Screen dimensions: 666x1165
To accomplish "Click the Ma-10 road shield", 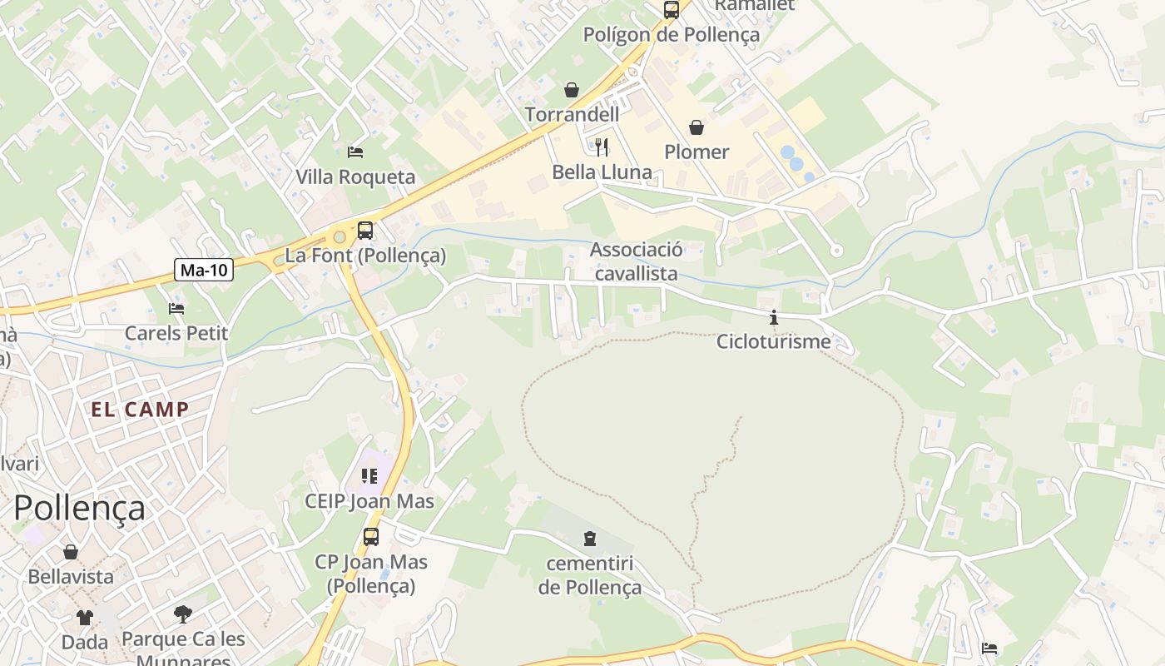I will (x=204, y=270).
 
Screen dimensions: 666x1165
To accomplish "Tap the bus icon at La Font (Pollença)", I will (x=365, y=231).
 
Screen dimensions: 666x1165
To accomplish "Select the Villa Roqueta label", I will (x=355, y=177).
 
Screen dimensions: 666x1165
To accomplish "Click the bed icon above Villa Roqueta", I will (x=355, y=152).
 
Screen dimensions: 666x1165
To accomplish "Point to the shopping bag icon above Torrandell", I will (x=572, y=90).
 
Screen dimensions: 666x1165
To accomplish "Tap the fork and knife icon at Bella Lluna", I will (x=602, y=147).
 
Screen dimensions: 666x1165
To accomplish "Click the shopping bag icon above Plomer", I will (x=697, y=127).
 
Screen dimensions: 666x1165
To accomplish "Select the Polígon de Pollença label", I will (x=671, y=35).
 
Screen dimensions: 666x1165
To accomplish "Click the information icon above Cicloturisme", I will (x=774, y=317).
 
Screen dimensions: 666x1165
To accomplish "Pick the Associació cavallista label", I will (x=637, y=261).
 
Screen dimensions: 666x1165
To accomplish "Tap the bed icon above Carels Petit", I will (x=176, y=309).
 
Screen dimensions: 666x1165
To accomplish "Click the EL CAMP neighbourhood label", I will (x=140, y=410).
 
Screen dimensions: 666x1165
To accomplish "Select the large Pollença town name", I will (x=80, y=508).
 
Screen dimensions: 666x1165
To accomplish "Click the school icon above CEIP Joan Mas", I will (x=369, y=476).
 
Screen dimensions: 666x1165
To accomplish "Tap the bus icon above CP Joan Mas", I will (x=371, y=537).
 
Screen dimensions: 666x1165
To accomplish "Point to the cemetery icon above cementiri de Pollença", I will (x=590, y=539).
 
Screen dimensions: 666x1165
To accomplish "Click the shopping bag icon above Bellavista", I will (x=71, y=552).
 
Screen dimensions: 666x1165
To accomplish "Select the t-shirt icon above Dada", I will (x=85, y=618).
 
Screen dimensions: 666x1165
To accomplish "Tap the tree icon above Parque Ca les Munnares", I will (x=183, y=615).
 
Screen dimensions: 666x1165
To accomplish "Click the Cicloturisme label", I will (x=773, y=341).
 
